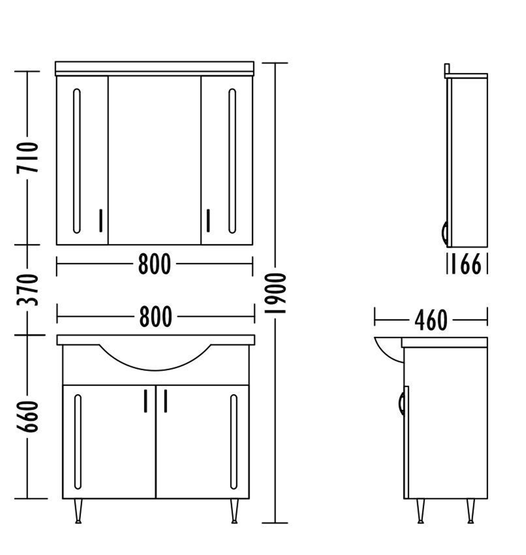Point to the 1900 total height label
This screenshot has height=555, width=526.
click(x=276, y=293)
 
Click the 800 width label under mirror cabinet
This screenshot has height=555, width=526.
click(x=154, y=265)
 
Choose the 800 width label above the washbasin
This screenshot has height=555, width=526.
click(x=156, y=317)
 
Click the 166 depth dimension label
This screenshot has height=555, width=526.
click(x=466, y=265)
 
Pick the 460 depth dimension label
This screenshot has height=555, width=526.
click(x=431, y=320)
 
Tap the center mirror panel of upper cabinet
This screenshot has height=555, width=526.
click(x=154, y=160)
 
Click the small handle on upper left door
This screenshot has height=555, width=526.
click(x=101, y=220)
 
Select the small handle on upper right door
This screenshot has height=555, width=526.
click(x=208, y=220)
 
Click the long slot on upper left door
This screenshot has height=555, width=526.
click(x=77, y=161)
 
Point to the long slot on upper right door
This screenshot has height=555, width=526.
click(x=232, y=161)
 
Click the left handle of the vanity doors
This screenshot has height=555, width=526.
click(x=145, y=400)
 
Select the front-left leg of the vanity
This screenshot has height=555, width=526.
click(x=78, y=511)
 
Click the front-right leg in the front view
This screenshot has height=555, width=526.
click(x=234, y=511)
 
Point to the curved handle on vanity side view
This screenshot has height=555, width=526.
click(x=402, y=404)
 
